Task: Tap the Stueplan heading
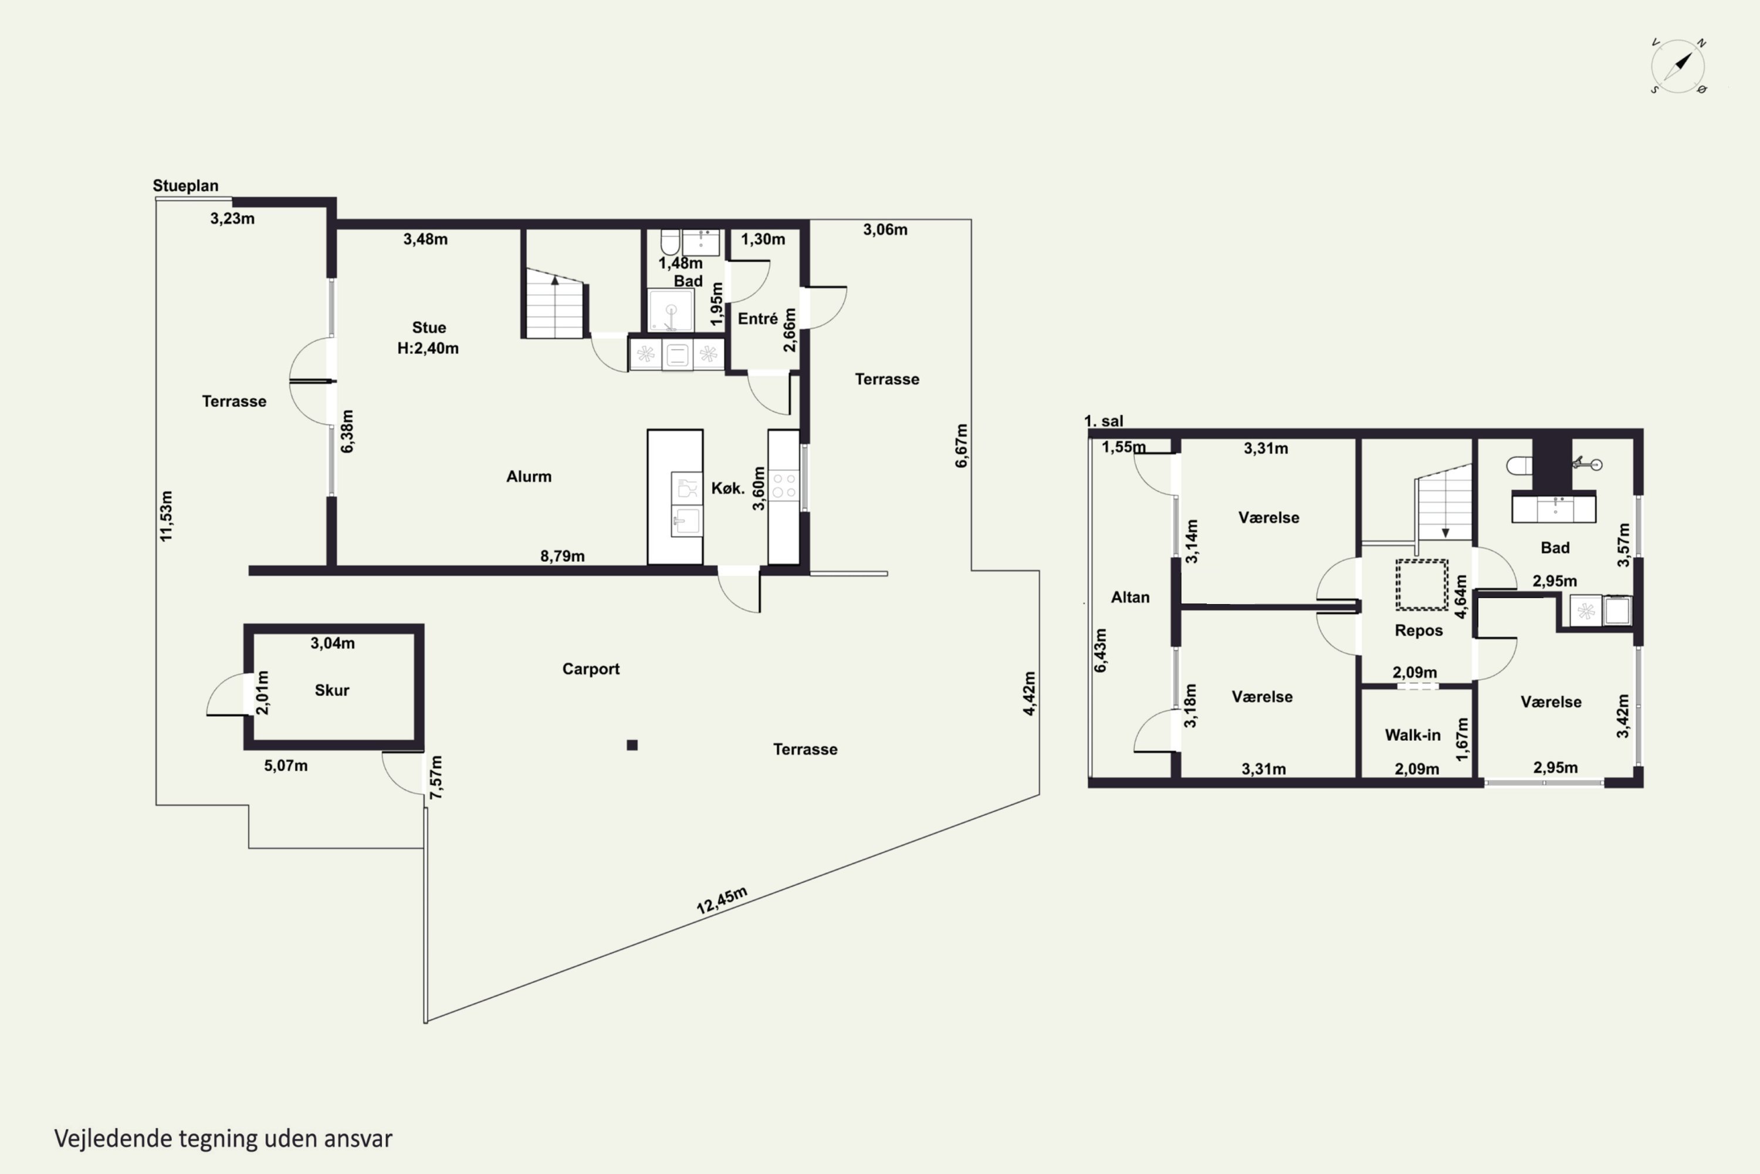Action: [x=185, y=185]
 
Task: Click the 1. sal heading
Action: [x=1104, y=421]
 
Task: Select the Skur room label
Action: [x=331, y=690]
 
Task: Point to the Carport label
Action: [x=591, y=669]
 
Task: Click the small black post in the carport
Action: [x=632, y=745]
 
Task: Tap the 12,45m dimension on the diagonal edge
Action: [x=722, y=900]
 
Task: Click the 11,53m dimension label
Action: [x=166, y=516]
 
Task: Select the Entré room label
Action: [x=758, y=319]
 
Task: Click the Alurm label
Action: [x=529, y=477]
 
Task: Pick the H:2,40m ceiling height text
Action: [x=428, y=348]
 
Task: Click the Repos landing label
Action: [x=1419, y=630]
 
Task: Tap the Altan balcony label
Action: [x=1130, y=598]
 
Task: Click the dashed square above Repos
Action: [x=1421, y=585]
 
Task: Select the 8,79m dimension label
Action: [x=563, y=555]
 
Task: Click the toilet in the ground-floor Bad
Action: [x=670, y=242]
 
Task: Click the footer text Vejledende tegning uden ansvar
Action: [x=223, y=1139]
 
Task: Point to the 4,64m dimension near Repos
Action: [x=1461, y=596]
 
